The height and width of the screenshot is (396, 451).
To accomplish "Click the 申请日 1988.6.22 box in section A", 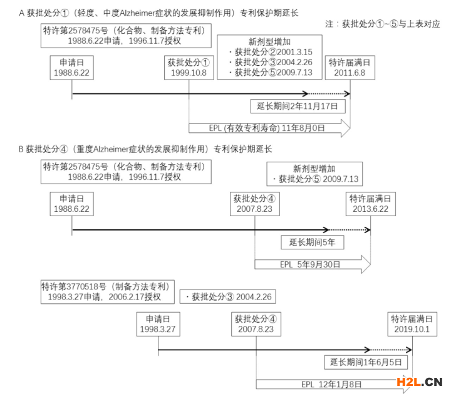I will [x=72, y=68].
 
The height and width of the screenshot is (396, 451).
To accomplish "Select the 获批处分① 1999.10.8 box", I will [x=189, y=68].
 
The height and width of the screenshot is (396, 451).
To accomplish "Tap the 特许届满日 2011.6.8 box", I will [x=350, y=68].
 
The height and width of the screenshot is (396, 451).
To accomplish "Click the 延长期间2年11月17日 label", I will [x=297, y=106].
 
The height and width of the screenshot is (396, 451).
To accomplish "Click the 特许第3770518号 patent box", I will [x=107, y=291].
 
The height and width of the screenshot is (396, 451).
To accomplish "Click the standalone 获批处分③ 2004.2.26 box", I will [x=227, y=296].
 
